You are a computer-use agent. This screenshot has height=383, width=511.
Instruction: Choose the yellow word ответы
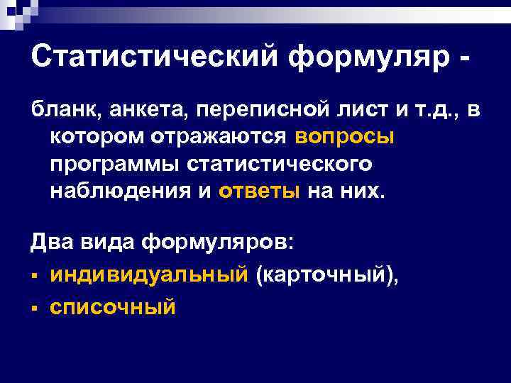(x=260, y=191)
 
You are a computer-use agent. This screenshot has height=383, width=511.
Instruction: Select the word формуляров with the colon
(x=215, y=245)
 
